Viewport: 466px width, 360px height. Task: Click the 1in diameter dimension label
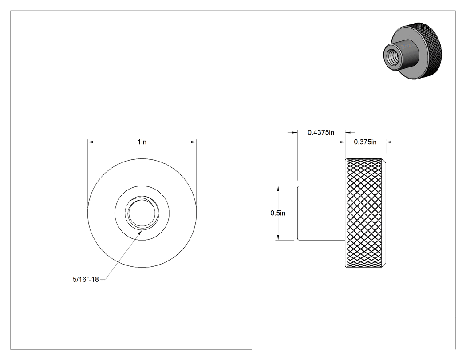click(x=142, y=142)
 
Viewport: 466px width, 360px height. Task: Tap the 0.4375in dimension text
click(x=321, y=132)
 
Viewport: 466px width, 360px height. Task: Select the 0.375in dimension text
click(x=365, y=142)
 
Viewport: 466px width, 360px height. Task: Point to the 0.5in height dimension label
click(x=277, y=213)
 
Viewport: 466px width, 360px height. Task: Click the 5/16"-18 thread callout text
click(x=86, y=280)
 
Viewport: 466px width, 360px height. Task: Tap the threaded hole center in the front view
click(x=142, y=213)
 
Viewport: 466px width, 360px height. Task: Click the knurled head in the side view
click(x=365, y=213)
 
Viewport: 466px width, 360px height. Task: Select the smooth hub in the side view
click(x=321, y=213)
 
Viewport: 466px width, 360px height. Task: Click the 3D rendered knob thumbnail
click(x=412, y=50)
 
